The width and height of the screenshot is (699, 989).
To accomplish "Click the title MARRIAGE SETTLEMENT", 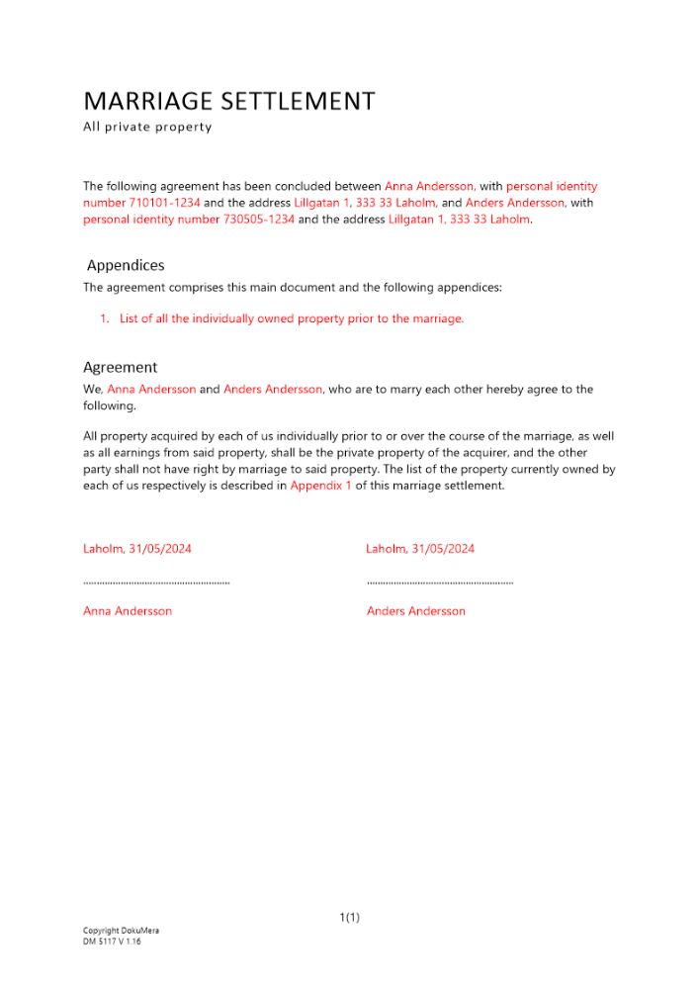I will pyautogui.click(x=229, y=101).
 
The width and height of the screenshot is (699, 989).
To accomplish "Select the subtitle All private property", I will pyautogui.click(x=147, y=127).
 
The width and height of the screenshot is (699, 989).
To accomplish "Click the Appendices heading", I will pyautogui.click(x=126, y=265).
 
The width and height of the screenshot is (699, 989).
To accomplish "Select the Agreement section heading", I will pyautogui.click(x=120, y=367).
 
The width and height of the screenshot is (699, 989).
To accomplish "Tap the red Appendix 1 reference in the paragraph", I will pyautogui.click(x=320, y=486).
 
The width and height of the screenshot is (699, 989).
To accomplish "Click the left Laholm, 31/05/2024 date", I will pyautogui.click(x=137, y=548).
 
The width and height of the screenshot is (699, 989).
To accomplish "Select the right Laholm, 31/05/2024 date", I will pyautogui.click(x=420, y=548).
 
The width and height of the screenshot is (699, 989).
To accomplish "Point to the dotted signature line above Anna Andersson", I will pyautogui.click(x=156, y=583).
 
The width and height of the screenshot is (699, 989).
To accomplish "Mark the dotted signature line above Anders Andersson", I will pyautogui.click(x=440, y=583).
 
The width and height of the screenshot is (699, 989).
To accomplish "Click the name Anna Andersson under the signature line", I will pyautogui.click(x=128, y=611).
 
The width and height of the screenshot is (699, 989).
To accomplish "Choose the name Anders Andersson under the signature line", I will pyautogui.click(x=415, y=611).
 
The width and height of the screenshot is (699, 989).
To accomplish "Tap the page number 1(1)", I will pyautogui.click(x=349, y=918).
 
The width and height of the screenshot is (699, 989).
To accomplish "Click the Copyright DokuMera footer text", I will pyautogui.click(x=121, y=931).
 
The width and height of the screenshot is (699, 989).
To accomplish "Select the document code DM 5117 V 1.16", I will pyautogui.click(x=112, y=942).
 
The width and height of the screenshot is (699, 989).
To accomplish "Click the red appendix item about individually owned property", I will pyautogui.click(x=291, y=318).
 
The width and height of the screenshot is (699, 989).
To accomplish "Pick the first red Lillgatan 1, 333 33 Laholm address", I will pyautogui.click(x=364, y=203).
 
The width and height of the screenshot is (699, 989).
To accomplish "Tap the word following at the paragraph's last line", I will pyautogui.click(x=110, y=405).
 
